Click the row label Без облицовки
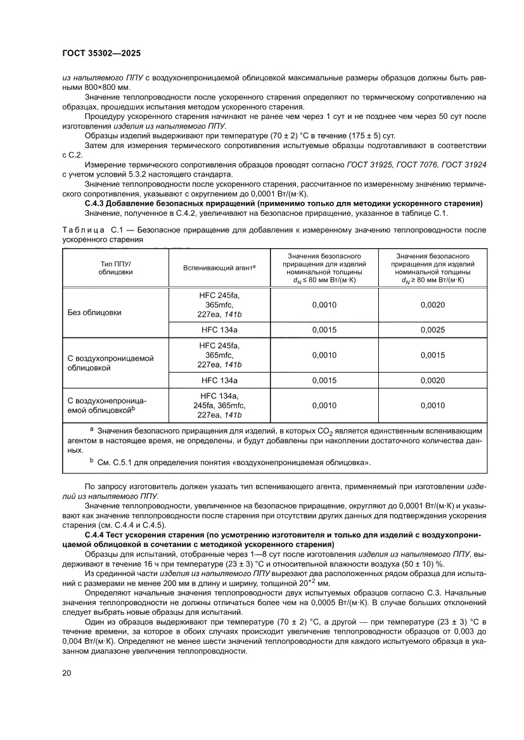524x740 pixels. coord(94,313)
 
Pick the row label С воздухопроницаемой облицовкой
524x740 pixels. coord(111,362)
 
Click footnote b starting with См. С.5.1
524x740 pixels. coord(234,462)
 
